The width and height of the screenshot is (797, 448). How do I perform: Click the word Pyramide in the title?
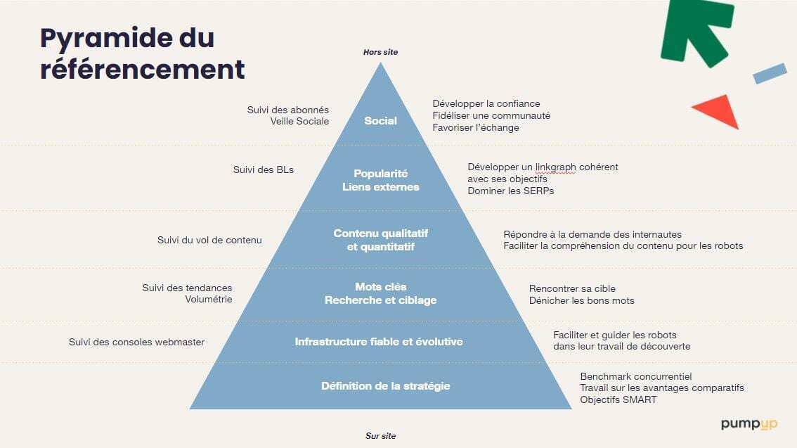[x=105, y=39]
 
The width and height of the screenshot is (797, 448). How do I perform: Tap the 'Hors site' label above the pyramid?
[x=380, y=52]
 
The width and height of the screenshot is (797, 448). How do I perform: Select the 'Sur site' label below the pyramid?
[x=380, y=436]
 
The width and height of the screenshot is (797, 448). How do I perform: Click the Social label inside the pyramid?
[x=380, y=121]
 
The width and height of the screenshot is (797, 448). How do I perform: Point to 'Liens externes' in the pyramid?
[x=381, y=187]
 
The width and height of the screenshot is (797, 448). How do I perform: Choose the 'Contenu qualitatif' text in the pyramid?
[x=381, y=233]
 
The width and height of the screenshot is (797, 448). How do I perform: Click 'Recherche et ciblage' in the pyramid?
[x=381, y=300]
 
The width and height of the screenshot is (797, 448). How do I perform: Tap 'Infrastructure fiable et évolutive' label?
[x=379, y=342]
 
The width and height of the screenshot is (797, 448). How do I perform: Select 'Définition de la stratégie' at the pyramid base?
[x=385, y=386]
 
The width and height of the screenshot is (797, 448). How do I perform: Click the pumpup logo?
[x=749, y=424]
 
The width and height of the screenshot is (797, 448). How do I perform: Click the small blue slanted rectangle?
[x=770, y=73]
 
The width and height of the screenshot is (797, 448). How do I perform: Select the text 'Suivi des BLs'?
[x=264, y=169]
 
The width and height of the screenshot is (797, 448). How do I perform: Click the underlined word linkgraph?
[x=555, y=167]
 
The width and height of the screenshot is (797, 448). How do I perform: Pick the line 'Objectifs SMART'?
[x=618, y=399]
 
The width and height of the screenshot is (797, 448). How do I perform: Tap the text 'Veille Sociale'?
[x=299, y=122]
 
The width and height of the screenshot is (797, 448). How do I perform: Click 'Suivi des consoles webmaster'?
[x=136, y=343]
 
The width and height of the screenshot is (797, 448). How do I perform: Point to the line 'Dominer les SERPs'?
[x=510, y=191]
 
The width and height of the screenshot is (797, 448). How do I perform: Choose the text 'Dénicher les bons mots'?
[x=581, y=300]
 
